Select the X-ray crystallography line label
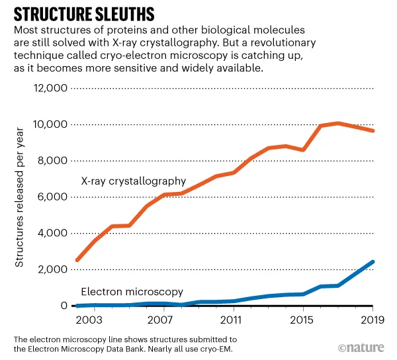133,181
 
